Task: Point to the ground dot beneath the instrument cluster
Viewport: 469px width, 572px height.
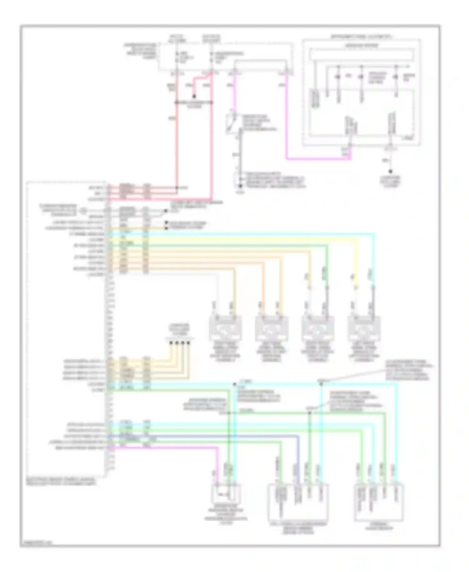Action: [390, 171]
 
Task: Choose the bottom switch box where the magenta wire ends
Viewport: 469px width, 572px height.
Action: [227, 494]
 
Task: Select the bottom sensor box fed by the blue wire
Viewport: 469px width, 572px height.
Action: [298, 501]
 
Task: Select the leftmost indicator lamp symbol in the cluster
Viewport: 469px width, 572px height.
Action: [338, 77]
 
